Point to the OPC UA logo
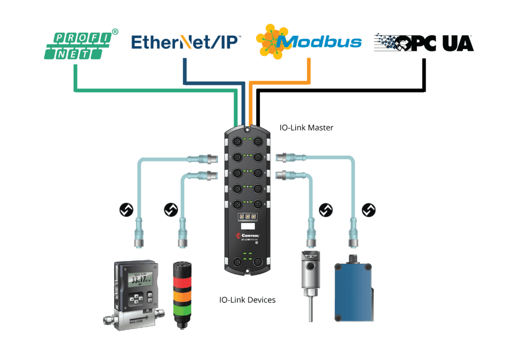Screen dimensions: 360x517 (424, 42)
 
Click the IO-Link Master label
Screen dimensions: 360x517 (306, 128)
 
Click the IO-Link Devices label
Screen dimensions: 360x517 (247, 300)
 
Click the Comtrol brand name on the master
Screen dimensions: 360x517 (250, 236)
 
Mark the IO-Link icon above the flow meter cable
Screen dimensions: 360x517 (126, 210)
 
